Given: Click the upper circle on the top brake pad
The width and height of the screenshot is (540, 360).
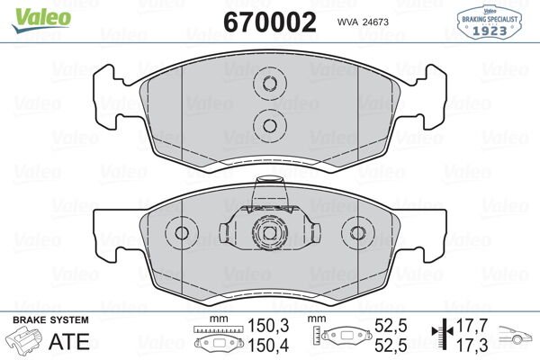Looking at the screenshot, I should point(269,86).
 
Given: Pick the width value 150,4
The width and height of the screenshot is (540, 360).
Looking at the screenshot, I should point(267,346).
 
